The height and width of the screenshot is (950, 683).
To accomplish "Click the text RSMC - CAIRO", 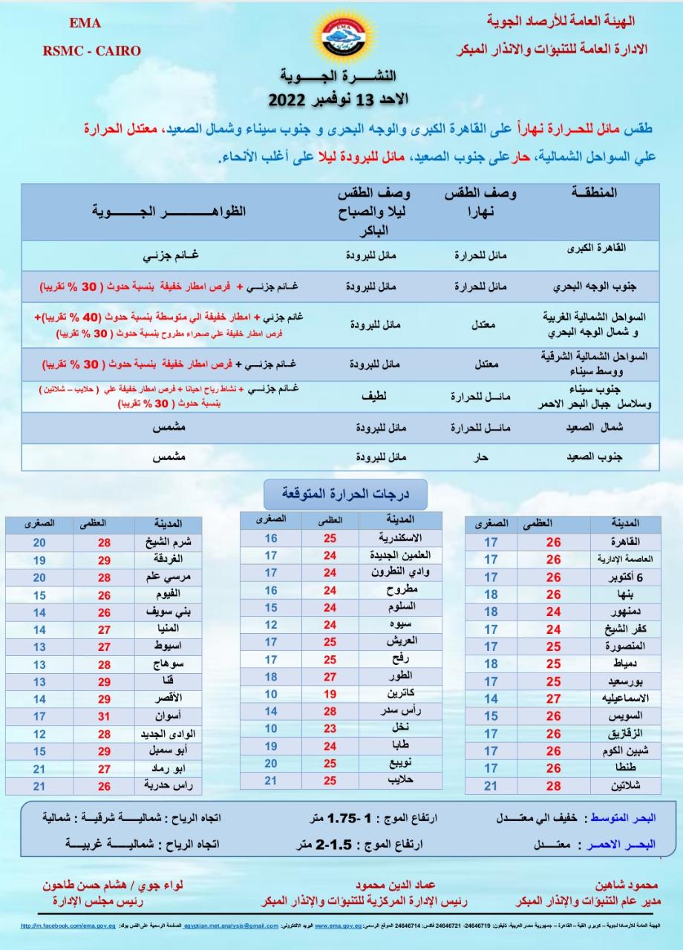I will (91, 50).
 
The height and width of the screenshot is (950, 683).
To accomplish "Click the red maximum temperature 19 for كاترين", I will (330, 694).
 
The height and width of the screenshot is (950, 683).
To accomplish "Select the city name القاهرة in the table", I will (623, 542).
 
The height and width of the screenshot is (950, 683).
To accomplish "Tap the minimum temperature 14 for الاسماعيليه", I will (491, 698).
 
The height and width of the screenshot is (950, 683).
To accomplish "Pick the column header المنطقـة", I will (596, 193).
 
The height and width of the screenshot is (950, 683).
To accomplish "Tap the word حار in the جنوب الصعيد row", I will (480, 457).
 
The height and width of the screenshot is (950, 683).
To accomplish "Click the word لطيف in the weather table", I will (371, 396).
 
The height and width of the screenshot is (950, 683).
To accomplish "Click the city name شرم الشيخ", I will (160, 543).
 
